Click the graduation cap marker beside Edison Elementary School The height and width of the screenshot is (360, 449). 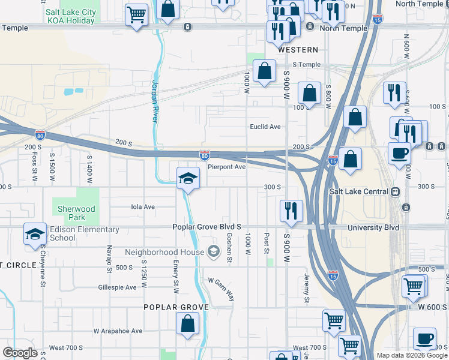coord(35,233)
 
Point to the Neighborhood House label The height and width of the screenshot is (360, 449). coord(164,252)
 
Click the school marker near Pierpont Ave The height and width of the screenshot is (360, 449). coord(188,178)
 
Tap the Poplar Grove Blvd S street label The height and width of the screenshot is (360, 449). coord(206,227)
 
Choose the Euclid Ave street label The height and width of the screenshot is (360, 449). coord(265,127)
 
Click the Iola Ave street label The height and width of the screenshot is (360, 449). coord(143,206)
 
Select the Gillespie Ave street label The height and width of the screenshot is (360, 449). coord(118,287)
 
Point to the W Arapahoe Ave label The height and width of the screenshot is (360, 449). coord(118,331)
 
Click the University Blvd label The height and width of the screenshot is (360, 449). coord(373,227)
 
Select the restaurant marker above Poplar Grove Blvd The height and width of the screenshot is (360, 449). coord(291,211)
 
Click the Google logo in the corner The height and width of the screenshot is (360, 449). coord(20,353)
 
